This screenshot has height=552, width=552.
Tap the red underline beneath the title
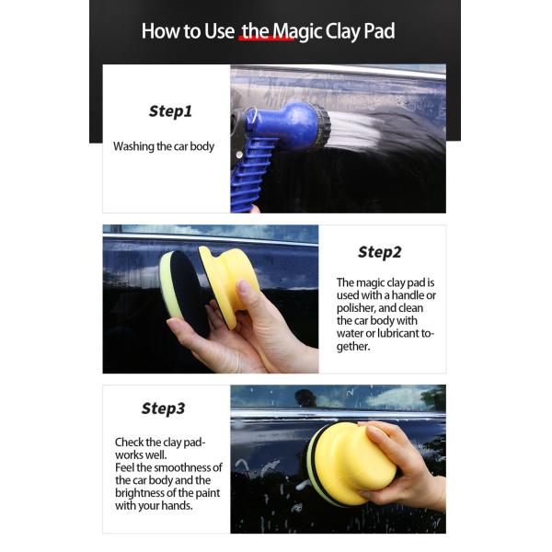pyautogui.click(x=267, y=38)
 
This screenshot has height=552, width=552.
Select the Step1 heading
pyautogui.click(x=170, y=111)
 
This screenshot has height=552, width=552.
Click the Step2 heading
pyautogui.click(x=379, y=252)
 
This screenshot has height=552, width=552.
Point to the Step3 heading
pyautogui.click(x=163, y=408)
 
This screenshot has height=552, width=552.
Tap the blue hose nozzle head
pyautogui.click(x=294, y=126)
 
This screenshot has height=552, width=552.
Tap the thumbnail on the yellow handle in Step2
pyautogui.click(x=244, y=286)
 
